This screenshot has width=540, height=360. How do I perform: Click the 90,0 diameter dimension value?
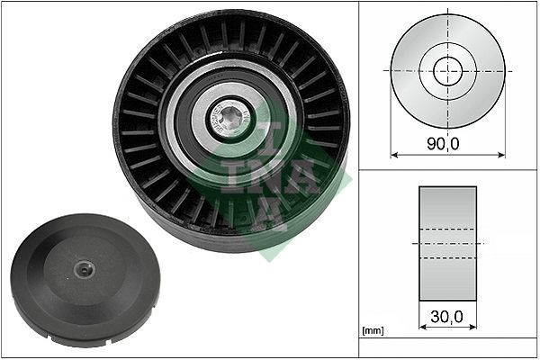pyautogui.click(x=443, y=143)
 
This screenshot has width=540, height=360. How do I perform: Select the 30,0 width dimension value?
pyautogui.click(x=446, y=317)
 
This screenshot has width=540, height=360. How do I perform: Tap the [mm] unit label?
pyautogui.click(x=373, y=330)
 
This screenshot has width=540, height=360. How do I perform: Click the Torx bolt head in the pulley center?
pyautogui.click(x=229, y=119)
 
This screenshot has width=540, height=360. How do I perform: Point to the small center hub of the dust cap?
pyautogui.click(x=84, y=269)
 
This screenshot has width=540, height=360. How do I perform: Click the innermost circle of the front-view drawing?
pyautogui.click(x=447, y=71)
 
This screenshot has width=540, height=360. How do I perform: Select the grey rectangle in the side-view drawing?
pyautogui.click(x=447, y=244)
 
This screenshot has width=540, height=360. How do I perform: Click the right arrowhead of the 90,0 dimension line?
pyautogui.click(x=501, y=155)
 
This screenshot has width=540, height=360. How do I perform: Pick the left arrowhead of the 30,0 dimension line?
pyautogui.click(x=423, y=327)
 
